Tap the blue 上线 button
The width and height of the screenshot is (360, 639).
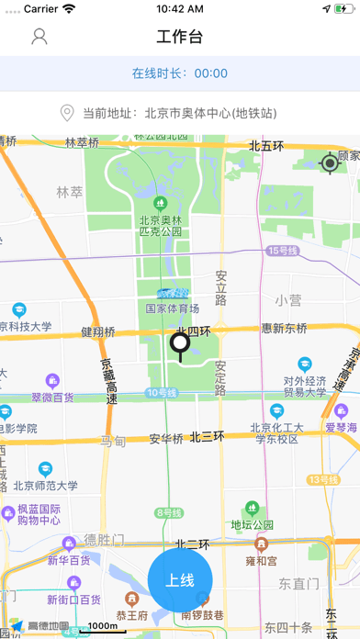(x=180, y=580)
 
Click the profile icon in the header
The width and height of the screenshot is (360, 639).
(x=39, y=37)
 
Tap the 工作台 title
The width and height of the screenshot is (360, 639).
(x=180, y=37)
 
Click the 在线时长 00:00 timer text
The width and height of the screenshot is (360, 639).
(x=180, y=73)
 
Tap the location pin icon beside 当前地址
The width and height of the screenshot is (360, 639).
(x=66, y=114)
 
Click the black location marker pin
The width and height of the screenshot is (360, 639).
(x=180, y=346)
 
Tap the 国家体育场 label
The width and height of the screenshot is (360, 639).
(x=172, y=308)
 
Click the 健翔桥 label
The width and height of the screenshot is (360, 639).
(x=97, y=331)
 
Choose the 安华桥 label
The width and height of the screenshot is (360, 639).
(x=167, y=438)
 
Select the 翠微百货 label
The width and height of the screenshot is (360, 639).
(x=52, y=398)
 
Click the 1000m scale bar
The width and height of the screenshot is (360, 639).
(x=102, y=627)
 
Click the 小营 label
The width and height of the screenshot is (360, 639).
(x=287, y=300)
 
